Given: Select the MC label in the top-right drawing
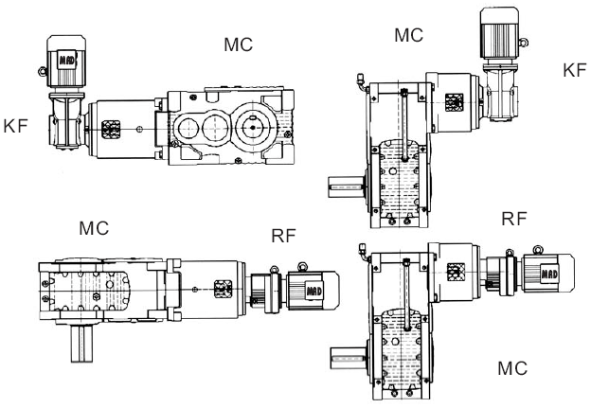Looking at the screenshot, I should tap(408, 36).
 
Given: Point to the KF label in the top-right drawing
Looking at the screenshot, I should tap(575, 70).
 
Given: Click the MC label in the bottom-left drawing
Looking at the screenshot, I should tap(94, 228).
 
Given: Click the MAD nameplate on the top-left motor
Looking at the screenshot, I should tap(66, 60).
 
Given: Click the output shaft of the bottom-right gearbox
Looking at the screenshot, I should tap(347, 359).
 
